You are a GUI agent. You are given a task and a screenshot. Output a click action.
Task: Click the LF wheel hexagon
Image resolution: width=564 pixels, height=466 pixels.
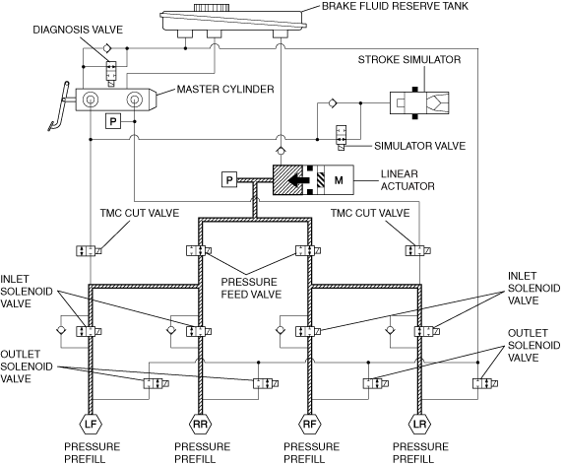91,425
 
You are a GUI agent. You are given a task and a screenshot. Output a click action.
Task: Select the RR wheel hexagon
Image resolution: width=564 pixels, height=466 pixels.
200,425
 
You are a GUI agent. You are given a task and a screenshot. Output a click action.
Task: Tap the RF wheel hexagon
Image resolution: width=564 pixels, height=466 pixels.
310,425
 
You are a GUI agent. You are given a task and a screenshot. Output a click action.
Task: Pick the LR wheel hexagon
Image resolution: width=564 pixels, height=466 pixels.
419,425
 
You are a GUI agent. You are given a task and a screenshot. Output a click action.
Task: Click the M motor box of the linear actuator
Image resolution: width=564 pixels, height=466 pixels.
339,180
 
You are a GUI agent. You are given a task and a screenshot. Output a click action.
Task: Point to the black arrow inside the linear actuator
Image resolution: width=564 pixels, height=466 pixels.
299,180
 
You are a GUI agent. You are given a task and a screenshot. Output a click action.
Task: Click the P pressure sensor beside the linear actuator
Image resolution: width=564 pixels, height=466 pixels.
229,179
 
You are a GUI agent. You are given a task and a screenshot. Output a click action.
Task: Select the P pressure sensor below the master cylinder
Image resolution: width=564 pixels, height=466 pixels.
113,121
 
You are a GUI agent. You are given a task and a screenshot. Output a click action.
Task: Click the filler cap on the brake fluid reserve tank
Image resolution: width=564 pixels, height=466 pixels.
212,7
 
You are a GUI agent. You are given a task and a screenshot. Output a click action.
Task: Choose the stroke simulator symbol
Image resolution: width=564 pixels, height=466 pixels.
419,103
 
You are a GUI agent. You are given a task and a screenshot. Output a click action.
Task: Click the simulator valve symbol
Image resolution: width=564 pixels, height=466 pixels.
341,137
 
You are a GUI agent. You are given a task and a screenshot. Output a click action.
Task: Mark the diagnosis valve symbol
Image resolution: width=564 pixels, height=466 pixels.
111,74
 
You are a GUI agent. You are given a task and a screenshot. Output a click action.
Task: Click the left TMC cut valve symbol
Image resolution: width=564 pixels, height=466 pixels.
89,250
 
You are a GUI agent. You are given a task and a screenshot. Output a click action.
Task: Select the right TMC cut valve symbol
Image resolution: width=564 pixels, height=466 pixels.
418,250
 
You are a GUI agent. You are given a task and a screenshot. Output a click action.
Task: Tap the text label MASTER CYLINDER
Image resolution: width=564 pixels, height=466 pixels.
225,89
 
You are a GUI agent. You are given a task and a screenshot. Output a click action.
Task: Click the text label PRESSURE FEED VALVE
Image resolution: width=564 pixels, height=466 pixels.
251,288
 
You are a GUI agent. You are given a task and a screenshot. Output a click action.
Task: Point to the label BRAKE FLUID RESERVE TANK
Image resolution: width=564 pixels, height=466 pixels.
395,6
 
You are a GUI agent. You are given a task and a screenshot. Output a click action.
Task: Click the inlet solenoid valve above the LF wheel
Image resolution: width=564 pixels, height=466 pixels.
89,331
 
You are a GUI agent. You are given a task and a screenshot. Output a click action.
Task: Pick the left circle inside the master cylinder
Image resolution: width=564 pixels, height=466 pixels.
90,100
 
